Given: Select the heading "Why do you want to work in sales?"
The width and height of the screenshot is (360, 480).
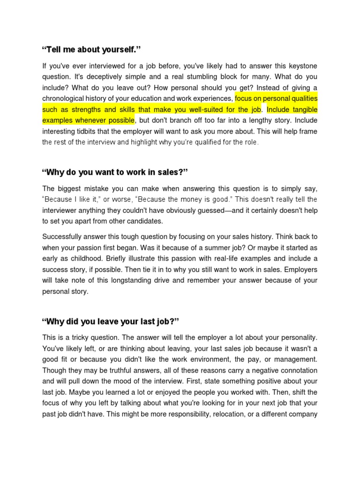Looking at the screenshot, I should (115, 172).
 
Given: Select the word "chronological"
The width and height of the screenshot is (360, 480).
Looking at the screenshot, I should (65, 99).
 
